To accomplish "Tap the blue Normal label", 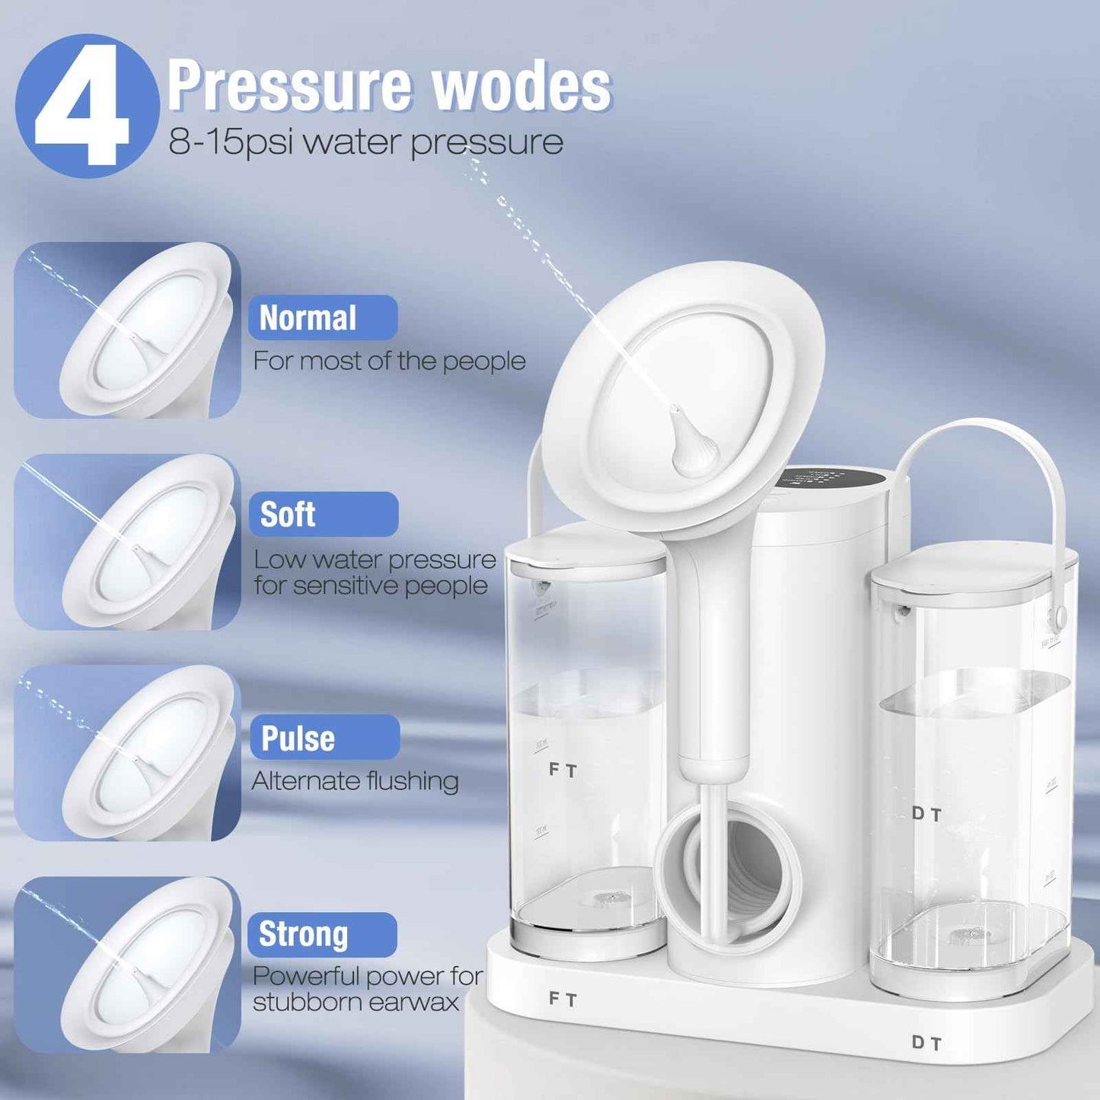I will pyautogui.click(x=322, y=318).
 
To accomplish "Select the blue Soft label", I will pyautogui.click(x=323, y=515).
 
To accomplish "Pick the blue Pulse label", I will pyautogui.click(x=324, y=738).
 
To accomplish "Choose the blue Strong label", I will pyautogui.click(x=322, y=934).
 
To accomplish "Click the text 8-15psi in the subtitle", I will pyautogui.click(x=230, y=142).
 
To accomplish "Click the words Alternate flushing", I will pyautogui.click(x=356, y=781).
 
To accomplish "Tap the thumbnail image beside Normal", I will pyautogui.click(x=127, y=330).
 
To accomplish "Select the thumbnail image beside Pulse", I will pyautogui.click(x=127, y=753).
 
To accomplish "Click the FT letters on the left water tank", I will pyautogui.click(x=563, y=770).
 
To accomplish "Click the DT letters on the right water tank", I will pyautogui.click(x=927, y=815).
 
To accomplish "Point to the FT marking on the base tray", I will pyautogui.click(x=563, y=999).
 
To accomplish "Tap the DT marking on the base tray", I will pyautogui.click(x=927, y=1043).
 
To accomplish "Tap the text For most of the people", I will pyautogui.click(x=389, y=361).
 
